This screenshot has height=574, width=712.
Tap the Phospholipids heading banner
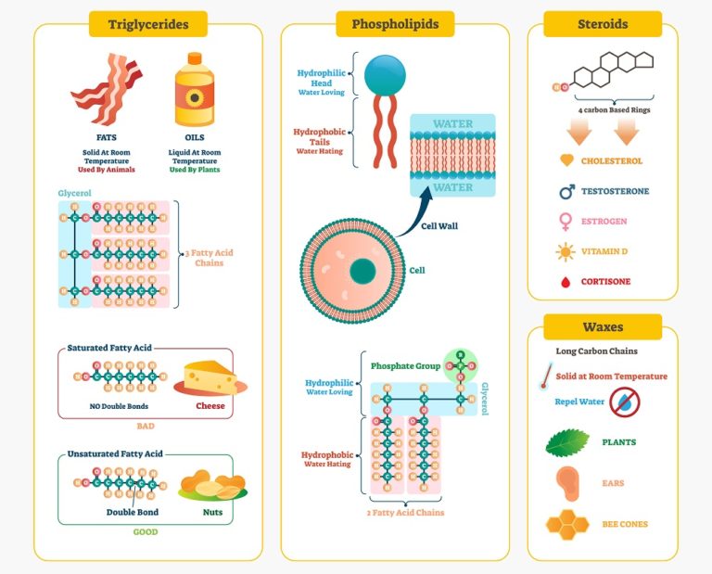coord(395,24)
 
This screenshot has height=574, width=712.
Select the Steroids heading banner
coord(602,24)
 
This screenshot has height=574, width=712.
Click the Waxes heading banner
coord(602,327)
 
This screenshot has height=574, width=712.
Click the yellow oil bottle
coord(194,89)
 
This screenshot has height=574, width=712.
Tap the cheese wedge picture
coord(210,377)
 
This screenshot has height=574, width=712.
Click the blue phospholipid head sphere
coord(385,74)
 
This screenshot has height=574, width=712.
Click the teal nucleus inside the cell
coord(362,271)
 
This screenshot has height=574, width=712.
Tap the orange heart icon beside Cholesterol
coord(566,161)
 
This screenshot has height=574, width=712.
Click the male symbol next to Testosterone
coord(566,192)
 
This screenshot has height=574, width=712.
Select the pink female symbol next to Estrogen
coord(566,223)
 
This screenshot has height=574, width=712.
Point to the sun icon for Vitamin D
coord(566,252)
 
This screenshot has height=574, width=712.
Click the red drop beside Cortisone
coord(566,282)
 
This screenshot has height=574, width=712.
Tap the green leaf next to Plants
coord(566,442)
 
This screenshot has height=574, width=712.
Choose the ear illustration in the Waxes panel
coord(566,483)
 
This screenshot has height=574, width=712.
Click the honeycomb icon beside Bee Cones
coord(566,525)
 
